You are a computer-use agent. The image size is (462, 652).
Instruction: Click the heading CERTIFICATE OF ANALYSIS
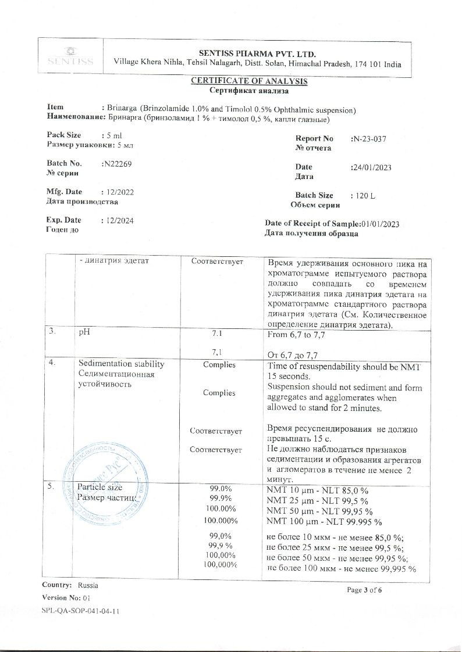click(x=249, y=81)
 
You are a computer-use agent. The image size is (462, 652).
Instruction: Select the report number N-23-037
click(x=369, y=139)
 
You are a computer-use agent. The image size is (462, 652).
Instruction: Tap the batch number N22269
click(x=117, y=164)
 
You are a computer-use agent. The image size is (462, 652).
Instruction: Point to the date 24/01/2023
click(x=372, y=167)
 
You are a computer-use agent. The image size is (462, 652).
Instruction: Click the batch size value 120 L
click(x=364, y=196)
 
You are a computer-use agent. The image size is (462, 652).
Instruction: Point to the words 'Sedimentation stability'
click(x=121, y=364)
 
